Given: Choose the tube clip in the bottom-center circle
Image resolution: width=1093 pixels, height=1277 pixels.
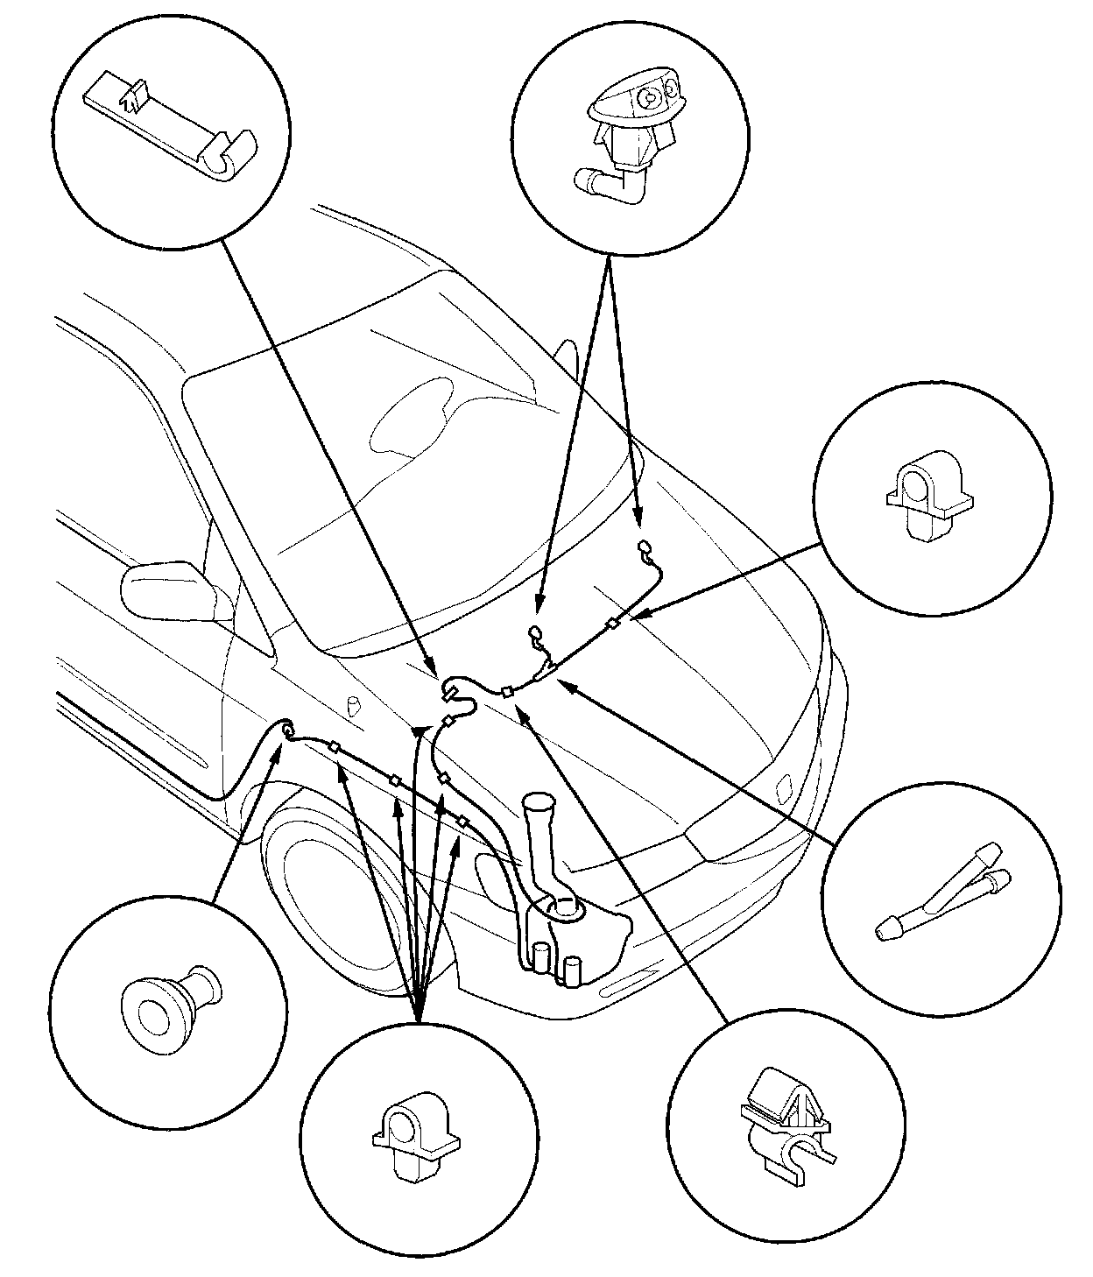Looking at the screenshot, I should click(x=416, y=1130).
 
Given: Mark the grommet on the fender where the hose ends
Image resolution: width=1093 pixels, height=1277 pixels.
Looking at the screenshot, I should click(x=286, y=727).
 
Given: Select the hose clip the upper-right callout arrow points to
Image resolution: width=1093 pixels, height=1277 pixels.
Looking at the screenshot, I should click(x=612, y=624).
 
